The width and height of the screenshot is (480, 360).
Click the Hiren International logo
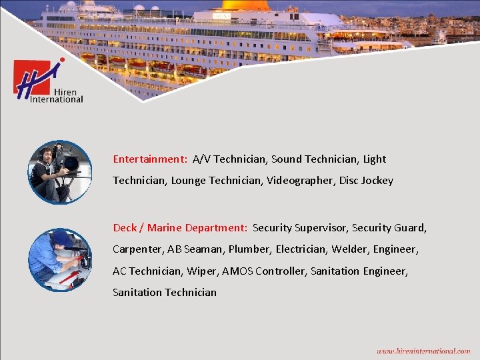tap(49, 81)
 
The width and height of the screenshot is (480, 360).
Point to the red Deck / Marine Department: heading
tap(180, 228)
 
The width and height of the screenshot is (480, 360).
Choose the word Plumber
tap(249, 249)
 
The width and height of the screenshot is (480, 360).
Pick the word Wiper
tap(201, 271)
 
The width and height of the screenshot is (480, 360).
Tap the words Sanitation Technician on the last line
tap(165, 292)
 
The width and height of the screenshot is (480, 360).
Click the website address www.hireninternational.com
tap(423, 351)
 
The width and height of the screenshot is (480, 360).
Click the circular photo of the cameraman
tap(59, 172)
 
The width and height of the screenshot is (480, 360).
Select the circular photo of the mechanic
tap(59, 260)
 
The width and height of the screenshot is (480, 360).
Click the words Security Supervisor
tap(299, 228)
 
